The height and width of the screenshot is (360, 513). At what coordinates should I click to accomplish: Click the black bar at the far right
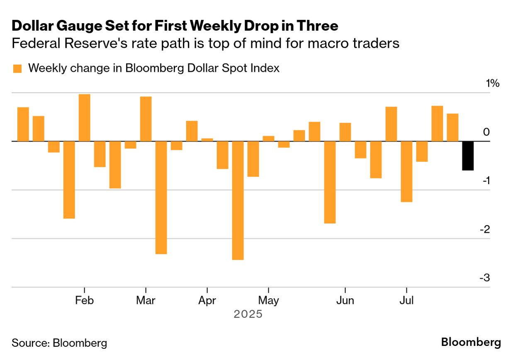[x=468, y=156]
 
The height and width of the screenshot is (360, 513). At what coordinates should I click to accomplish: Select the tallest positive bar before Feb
[x=85, y=118]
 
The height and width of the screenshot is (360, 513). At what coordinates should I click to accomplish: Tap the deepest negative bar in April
[x=238, y=200]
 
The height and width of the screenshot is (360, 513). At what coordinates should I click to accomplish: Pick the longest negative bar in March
[x=161, y=197]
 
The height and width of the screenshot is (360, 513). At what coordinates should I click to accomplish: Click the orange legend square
[x=17, y=68]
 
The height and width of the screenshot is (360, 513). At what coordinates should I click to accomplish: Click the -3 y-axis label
[x=484, y=277]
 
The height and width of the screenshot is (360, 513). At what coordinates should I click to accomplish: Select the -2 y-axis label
[x=484, y=229]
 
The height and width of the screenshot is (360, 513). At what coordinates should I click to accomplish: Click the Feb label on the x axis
[x=84, y=300]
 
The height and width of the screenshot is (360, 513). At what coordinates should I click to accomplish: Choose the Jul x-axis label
[x=406, y=300]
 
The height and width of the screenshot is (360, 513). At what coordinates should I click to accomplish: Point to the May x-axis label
[x=268, y=300]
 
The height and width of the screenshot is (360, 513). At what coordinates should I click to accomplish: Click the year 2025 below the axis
[x=248, y=314]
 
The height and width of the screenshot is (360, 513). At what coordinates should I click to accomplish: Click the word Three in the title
[x=320, y=26]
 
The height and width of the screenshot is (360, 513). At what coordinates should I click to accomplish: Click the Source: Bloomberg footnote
[x=59, y=343]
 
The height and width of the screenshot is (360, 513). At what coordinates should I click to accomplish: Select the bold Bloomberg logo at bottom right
[x=471, y=343]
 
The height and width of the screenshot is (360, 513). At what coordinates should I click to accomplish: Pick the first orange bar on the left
[x=23, y=124]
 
